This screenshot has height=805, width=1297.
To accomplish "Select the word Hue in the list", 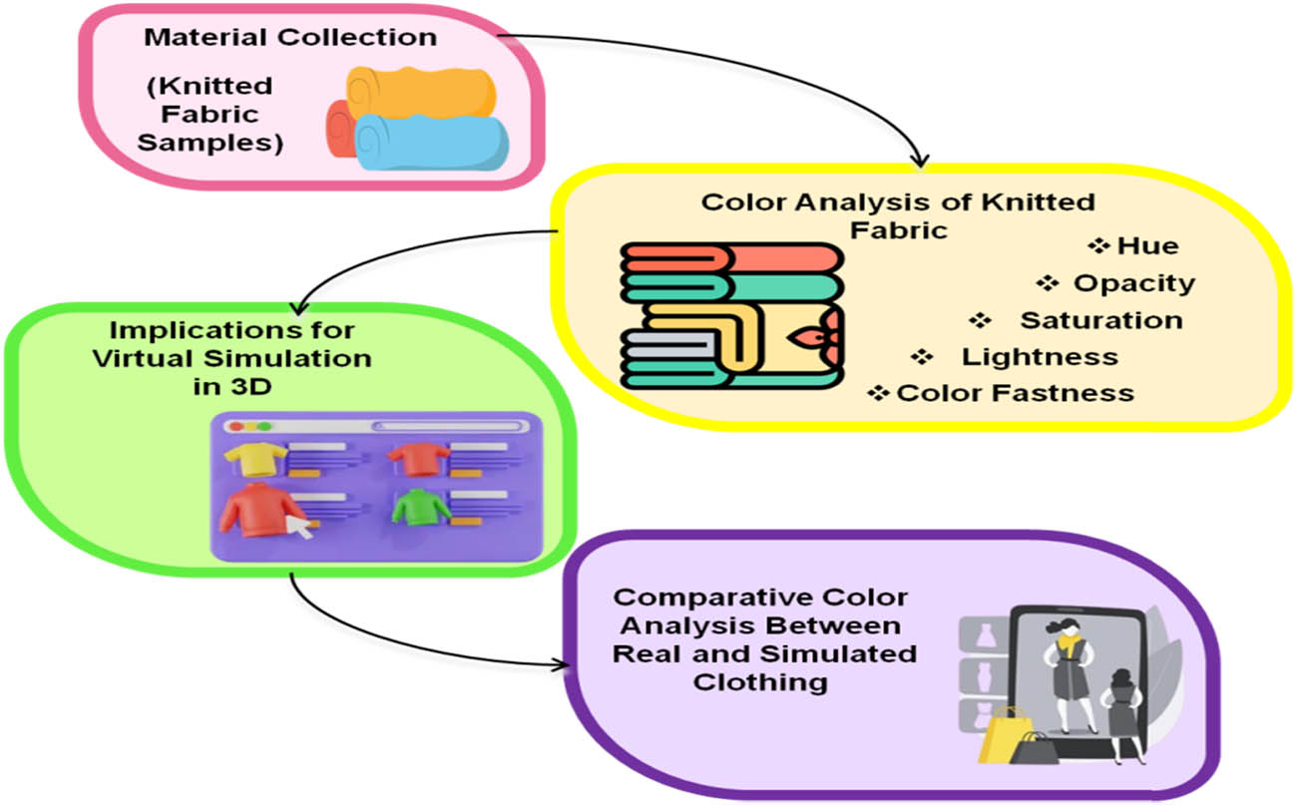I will click(x=1147, y=245).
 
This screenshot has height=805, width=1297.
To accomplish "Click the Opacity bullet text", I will click(x=1133, y=283).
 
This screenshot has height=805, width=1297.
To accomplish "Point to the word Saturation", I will click(x=1100, y=320).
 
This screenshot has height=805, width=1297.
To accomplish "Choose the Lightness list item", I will click(x=1039, y=356).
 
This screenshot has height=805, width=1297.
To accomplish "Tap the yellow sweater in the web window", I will click(x=255, y=458).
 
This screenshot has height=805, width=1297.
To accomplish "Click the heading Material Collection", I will click(x=290, y=38).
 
